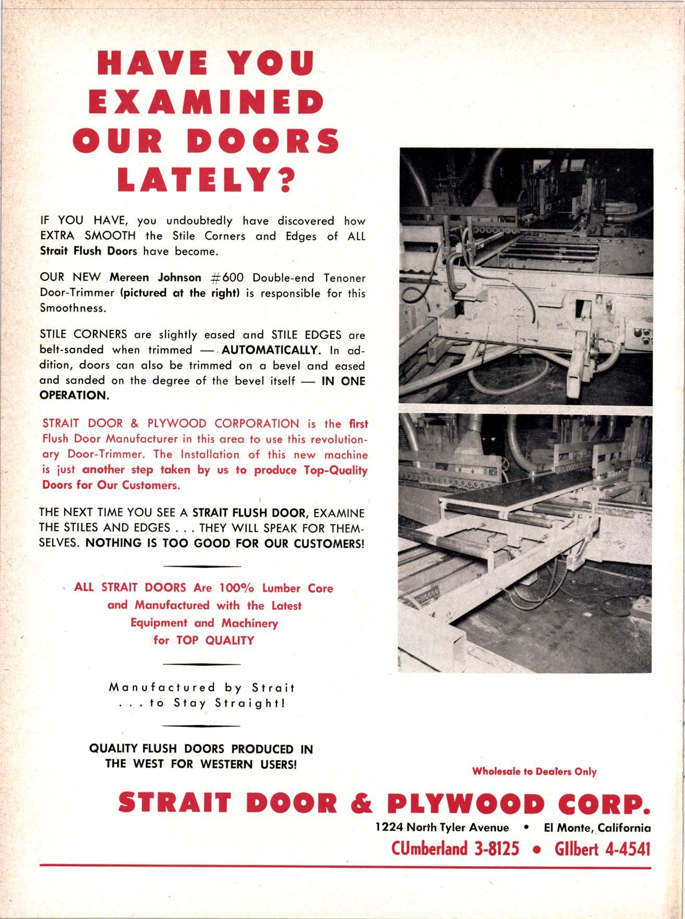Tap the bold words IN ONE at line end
click(x=343, y=381)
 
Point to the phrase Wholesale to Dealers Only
click(x=534, y=771)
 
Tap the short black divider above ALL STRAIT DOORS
click(x=202, y=566)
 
